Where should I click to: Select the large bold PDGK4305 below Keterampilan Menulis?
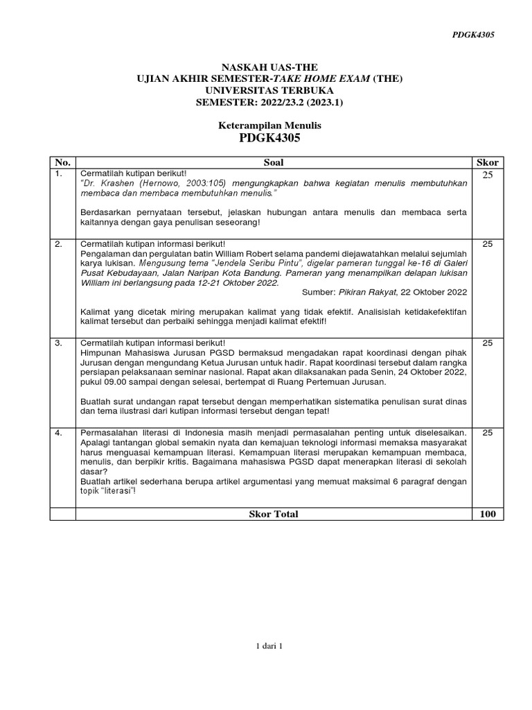point(270,138)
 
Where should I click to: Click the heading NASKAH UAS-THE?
point(269,67)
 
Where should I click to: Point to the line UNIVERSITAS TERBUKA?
point(269,90)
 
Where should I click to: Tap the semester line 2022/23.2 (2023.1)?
point(269,101)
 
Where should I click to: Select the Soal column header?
point(273,162)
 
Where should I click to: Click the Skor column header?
point(487,162)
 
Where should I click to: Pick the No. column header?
point(62,162)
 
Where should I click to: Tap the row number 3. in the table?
point(59,343)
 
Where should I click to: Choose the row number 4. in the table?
point(59,432)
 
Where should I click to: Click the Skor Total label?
point(273,514)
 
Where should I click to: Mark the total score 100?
point(487,514)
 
